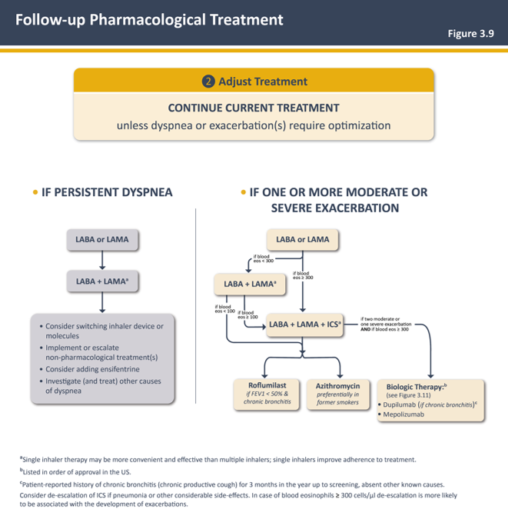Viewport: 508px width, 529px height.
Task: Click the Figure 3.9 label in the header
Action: (x=471, y=34)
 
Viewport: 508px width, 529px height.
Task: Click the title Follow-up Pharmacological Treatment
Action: (x=149, y=20)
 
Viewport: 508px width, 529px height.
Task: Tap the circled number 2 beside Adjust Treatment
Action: (x=208, y=82)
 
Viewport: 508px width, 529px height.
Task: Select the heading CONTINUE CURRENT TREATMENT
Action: (x=254, y=108)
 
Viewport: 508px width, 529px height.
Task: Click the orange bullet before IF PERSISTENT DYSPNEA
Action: (x=35, y=191)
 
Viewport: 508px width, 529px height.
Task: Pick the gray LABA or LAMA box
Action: (x=102, y=240)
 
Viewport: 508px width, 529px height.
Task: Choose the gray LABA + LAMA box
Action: (x=102, y=282)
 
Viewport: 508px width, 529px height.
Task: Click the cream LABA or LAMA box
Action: (x=302, y=240)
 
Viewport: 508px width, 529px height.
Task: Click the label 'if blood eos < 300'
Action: (x=263, y=260)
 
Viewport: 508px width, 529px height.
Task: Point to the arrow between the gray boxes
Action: (x=102, y=261)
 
